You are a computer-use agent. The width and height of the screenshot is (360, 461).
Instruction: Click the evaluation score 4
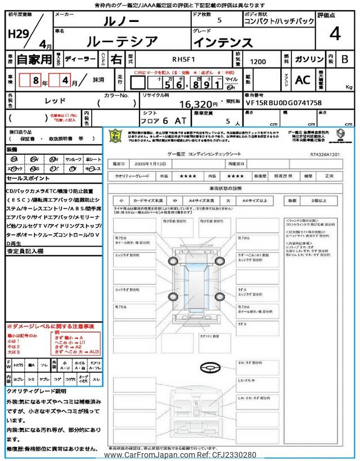335,34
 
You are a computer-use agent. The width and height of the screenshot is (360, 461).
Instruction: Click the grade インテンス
223,42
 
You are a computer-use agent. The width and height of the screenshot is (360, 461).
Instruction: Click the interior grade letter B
344,59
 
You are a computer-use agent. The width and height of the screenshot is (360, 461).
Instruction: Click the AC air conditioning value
303,80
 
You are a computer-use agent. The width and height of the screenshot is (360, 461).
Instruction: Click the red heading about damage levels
51,326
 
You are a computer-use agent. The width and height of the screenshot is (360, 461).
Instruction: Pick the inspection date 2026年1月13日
151,163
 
